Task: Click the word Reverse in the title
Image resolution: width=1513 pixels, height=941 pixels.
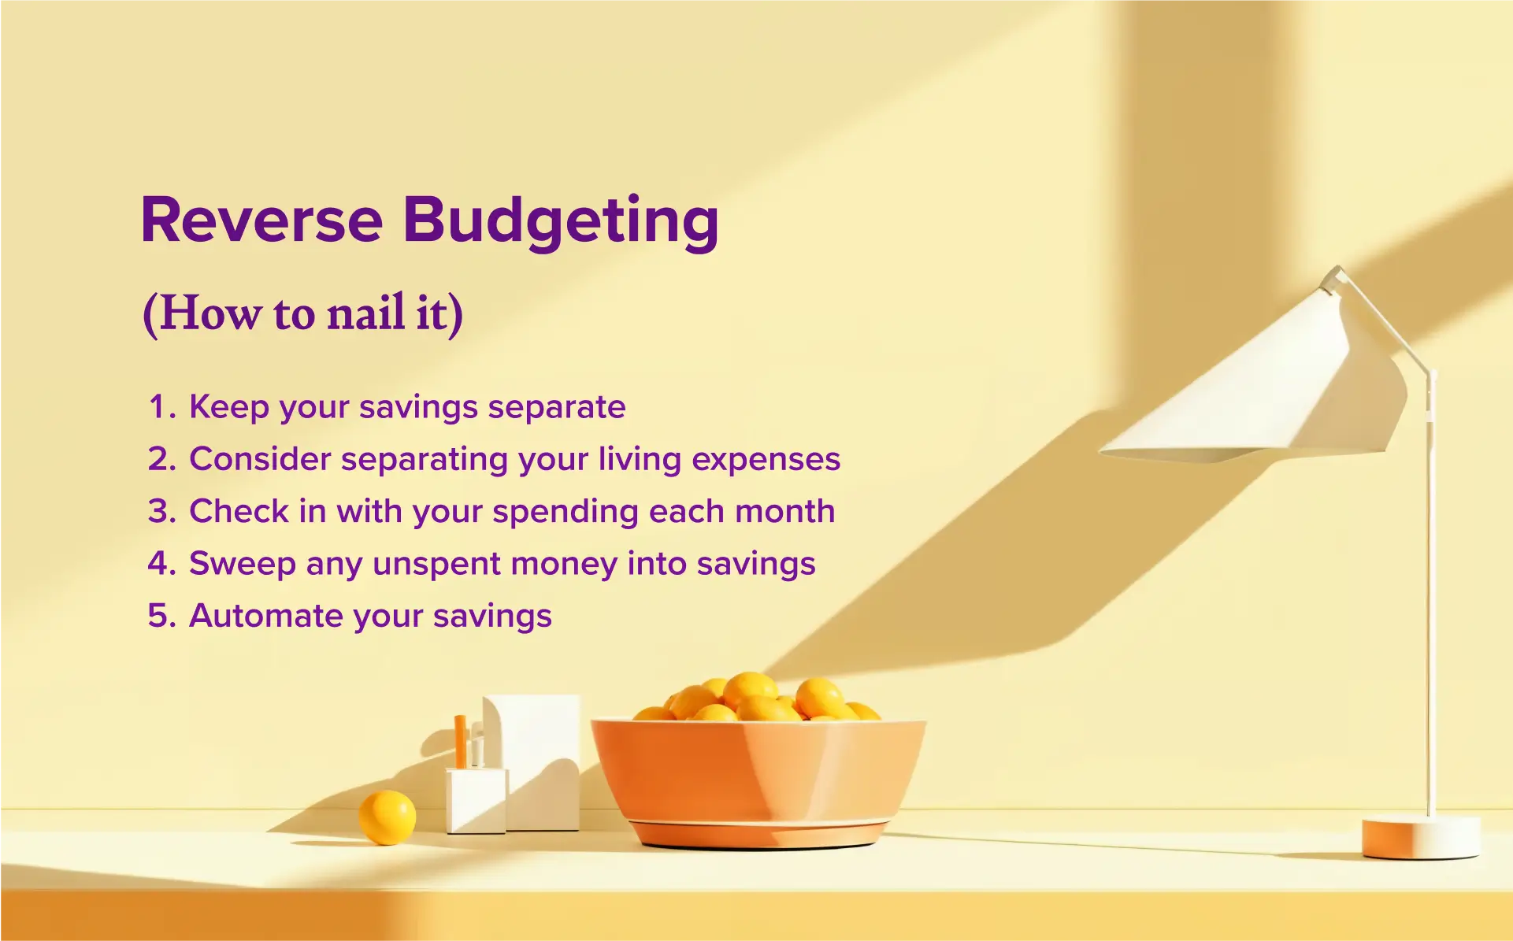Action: pyautogui.click(x=261, y=220)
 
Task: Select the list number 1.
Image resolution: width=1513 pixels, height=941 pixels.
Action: pyautogui.click(x=160, y=408)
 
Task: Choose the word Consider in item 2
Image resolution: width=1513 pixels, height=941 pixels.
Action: pyautogui.click(x=260, y=459)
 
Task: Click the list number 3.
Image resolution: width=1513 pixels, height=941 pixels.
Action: pyautogui.click(x=161, y=512)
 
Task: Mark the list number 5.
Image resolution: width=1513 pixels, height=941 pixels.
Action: pyautogui.click(x=161, y=616)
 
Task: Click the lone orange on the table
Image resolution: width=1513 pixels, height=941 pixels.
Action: pyautogui.click(x=387, y=817)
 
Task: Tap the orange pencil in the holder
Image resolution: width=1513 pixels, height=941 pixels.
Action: pyautogui.click(x=460, y=741)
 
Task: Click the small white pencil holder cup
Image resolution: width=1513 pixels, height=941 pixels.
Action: pyautogui.click(x=475, y=799)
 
